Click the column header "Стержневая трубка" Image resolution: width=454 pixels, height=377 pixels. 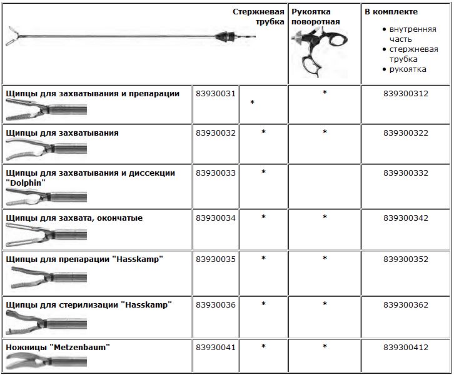point(259,16)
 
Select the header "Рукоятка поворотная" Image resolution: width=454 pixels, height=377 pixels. point(316,16)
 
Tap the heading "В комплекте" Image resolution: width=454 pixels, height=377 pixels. point(386,11)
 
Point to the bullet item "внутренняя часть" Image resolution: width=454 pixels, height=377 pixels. point(412,34)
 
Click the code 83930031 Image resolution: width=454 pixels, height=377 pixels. point(215,93)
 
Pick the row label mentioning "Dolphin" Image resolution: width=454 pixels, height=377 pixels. point(90,177)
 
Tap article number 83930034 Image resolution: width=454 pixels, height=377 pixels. point(215,218)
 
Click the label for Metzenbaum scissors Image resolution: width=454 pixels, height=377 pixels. point(61,346)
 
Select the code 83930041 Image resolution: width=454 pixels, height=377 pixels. point(215,346)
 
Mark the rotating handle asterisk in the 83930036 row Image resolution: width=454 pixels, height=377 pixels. point(325,304)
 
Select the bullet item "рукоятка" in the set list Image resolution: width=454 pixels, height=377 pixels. point(407,69)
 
